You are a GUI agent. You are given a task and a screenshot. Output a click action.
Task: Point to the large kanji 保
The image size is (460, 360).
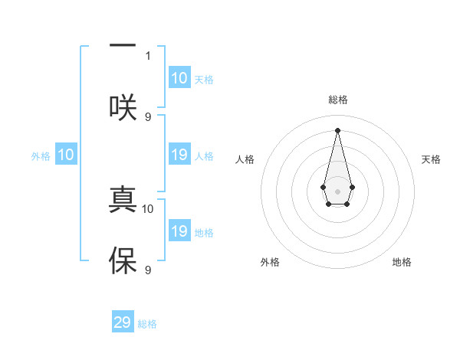pos(123,260)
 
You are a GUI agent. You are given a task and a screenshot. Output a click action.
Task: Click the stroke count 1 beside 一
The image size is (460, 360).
pos(148,55)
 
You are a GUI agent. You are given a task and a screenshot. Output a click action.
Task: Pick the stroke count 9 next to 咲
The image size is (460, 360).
pos(148,116)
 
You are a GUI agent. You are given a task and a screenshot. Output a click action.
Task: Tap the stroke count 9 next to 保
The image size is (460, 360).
pos(148,270)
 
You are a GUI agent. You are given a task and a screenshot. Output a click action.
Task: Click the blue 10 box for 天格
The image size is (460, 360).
pos(179,78)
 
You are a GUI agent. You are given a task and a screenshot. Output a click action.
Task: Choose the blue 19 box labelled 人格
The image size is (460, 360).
pos(179,155)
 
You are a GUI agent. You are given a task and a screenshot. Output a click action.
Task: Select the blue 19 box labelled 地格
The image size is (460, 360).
pos(179,231)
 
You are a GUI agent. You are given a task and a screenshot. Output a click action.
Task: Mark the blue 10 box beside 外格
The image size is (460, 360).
pos(66,155)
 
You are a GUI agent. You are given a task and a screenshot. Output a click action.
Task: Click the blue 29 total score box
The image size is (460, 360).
pos(123,322)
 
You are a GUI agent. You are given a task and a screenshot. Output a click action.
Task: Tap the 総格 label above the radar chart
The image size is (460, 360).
pos(337,100)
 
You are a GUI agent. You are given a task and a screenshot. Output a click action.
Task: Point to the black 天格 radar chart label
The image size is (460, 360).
pos(431,159)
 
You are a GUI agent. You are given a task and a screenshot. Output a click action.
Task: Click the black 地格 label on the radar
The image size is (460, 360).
pos(402,262)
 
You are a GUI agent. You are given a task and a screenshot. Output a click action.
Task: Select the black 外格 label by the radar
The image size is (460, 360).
pos(270,262)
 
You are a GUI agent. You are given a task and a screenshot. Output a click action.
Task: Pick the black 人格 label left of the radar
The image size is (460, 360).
pos(245,159)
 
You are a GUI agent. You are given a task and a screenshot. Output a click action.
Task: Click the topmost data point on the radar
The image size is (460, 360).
pos(337,130)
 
